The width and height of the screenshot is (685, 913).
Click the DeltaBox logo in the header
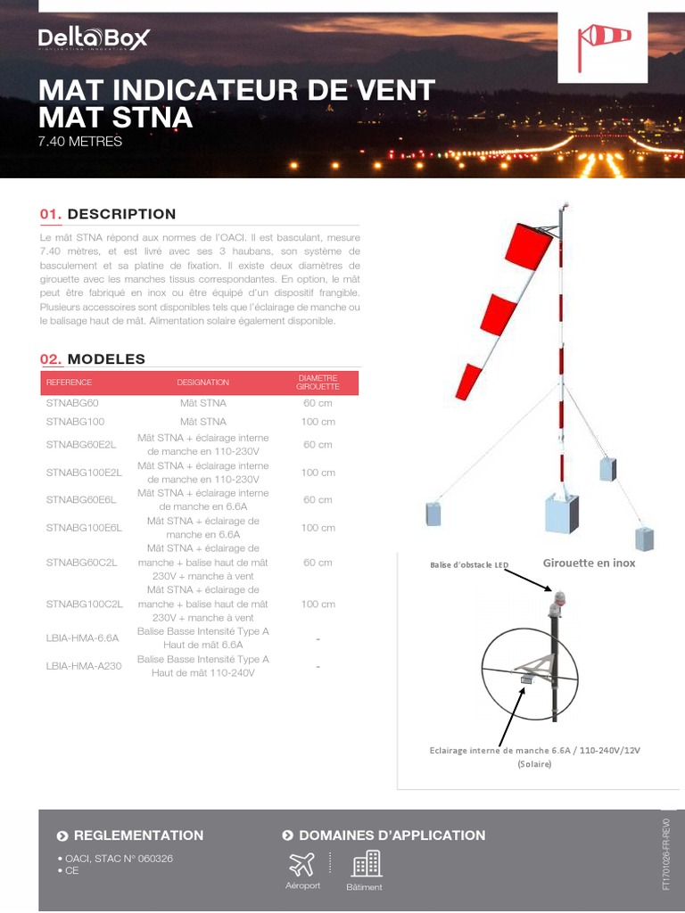tap(94, 38)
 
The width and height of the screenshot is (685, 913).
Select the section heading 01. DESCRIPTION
tap(108, 214)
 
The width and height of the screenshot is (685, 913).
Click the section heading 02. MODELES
tap(93, 359)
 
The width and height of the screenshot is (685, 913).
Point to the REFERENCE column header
tap(69, 382)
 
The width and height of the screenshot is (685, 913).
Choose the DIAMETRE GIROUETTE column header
tap(318, 382)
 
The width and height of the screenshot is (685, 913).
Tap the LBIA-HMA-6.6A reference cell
tap(76, 637)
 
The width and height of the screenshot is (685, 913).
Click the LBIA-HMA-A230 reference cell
tap(77, 666)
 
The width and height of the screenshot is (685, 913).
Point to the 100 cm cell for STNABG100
tap(318, 422)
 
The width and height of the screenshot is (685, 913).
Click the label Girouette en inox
tap(589, 563)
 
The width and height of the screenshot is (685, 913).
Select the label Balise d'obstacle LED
tap(469, 565)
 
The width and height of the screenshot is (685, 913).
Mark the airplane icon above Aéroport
tap(302, 863)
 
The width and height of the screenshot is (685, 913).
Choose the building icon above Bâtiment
tap(366, 862)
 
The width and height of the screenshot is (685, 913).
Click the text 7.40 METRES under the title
tap(80, 141)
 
